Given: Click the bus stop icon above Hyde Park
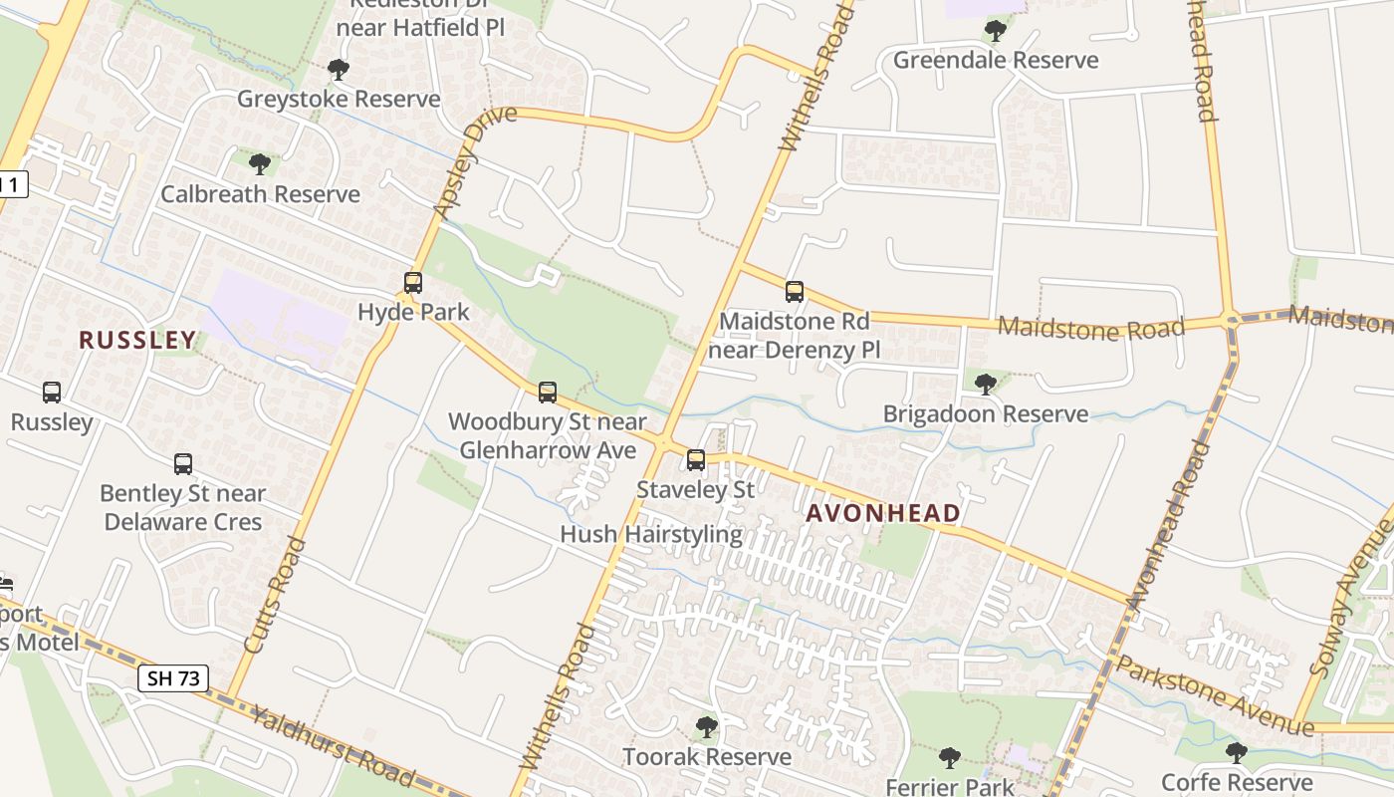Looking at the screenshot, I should click(413, 283).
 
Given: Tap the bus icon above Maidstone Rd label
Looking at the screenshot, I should click(795, 292).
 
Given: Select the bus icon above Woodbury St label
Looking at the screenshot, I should click(548, 393).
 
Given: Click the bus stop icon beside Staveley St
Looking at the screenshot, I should click(696, 460).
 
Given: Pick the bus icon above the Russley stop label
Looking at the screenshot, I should click(52, 393).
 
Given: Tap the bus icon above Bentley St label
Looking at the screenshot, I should click(183, 463).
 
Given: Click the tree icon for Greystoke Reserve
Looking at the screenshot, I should click(339, 70).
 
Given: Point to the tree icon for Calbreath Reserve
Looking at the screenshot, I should click(260, 163).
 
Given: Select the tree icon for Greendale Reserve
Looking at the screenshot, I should click(995, 31).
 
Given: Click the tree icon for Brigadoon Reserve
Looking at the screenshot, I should click(986, 384).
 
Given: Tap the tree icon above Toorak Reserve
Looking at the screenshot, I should click(707, 727).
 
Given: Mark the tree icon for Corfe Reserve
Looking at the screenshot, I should click(1236, 752).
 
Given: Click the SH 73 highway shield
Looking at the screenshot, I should click(173, 679).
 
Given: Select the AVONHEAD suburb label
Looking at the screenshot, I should click(883, 514).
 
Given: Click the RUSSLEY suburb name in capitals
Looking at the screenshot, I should click(137, 341).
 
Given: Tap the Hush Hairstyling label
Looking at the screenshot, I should click(651, 535).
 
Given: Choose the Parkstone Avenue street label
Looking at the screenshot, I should click(1214, 694).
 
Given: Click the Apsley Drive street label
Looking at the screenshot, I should click(476, 160).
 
